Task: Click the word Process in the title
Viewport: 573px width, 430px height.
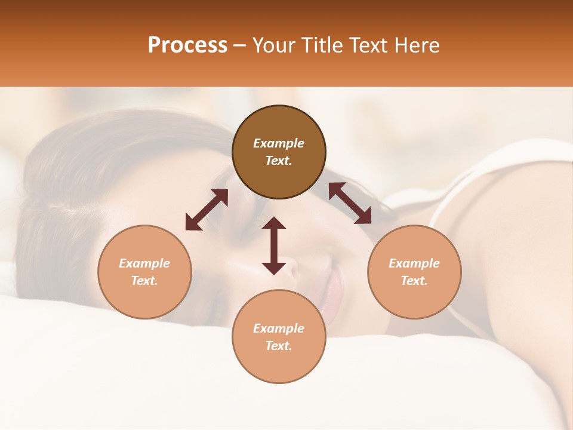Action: pos(187,45)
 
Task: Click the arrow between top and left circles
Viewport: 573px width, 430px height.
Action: pos(207,210)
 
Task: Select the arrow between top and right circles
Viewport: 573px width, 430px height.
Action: pos(350,203)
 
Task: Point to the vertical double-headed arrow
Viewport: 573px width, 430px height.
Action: pos(274,245)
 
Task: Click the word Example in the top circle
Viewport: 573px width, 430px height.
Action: pos(279,143)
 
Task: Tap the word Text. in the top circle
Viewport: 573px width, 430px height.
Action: pos(279,161)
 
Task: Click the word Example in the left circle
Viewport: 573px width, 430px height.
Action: pos(144,263)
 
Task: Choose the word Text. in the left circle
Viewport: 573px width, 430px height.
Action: pos(144,281)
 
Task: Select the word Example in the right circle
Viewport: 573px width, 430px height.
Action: pos(414,263)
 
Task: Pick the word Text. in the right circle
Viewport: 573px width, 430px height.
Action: pos(414,281)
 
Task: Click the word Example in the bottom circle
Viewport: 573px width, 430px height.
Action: pos(279,328)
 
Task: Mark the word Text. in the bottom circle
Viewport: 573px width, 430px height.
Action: pos(279,346)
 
